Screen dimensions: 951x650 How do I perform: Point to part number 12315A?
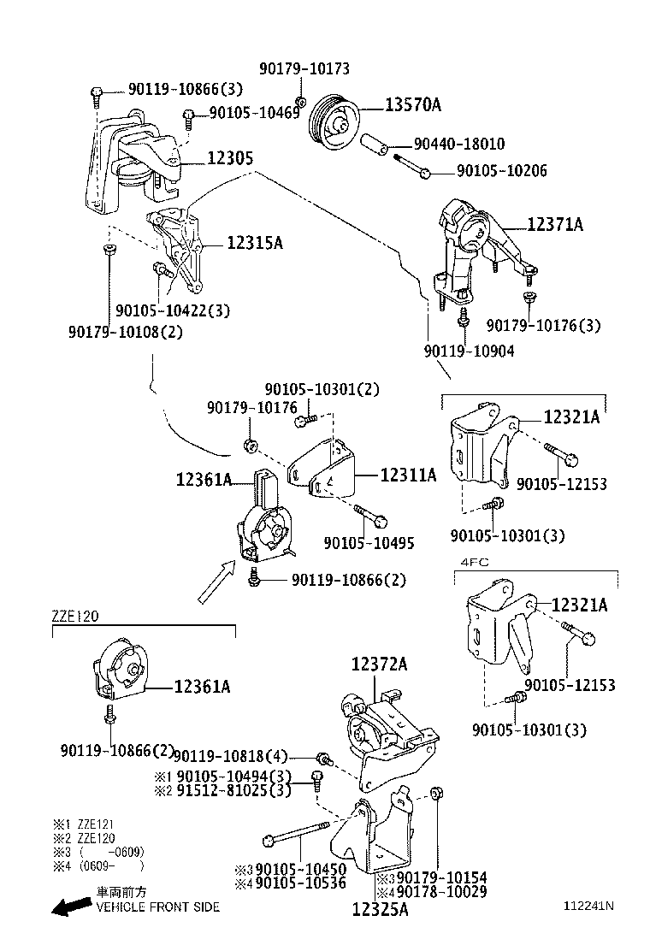[x=254, y=243]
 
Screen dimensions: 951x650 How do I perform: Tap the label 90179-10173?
[x=304, y=68]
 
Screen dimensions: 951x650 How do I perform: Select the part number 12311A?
[x=408, y=475]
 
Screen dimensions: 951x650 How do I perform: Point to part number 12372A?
[x=379, y=664]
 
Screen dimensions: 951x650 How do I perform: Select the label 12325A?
[x=380, y=909]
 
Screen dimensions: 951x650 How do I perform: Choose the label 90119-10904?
[x=469, y=351]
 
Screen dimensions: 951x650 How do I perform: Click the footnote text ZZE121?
[x=96, y=824]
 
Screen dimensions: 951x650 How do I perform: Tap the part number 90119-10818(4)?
[x=231, y=756]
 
